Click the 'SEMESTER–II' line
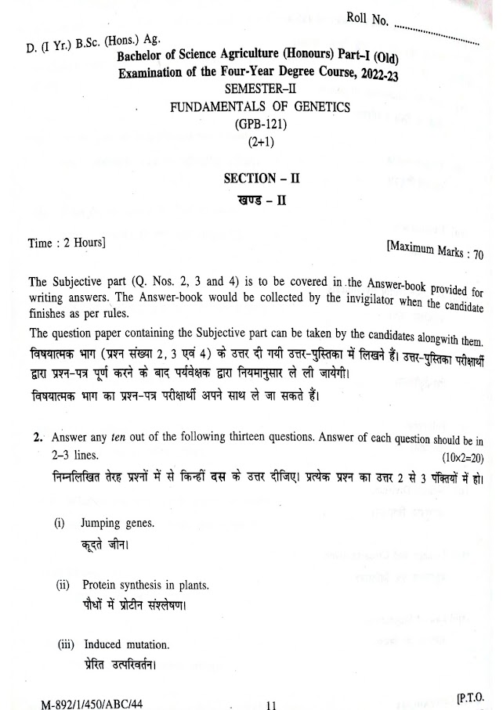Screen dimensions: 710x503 point(259,91)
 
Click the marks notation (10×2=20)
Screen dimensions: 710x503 point(464,456)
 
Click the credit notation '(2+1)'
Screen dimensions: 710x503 point(256,141)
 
